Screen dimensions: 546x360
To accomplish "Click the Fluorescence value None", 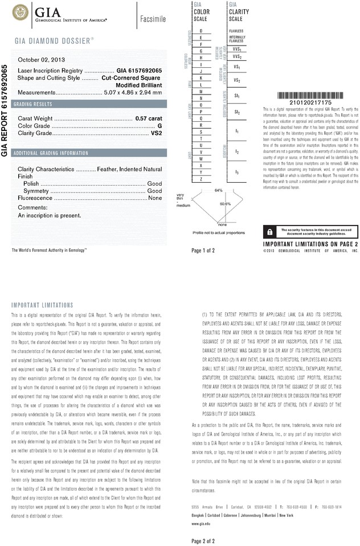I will [x=155, y=198].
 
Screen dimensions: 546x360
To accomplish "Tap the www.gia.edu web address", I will [x=201, y=523].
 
